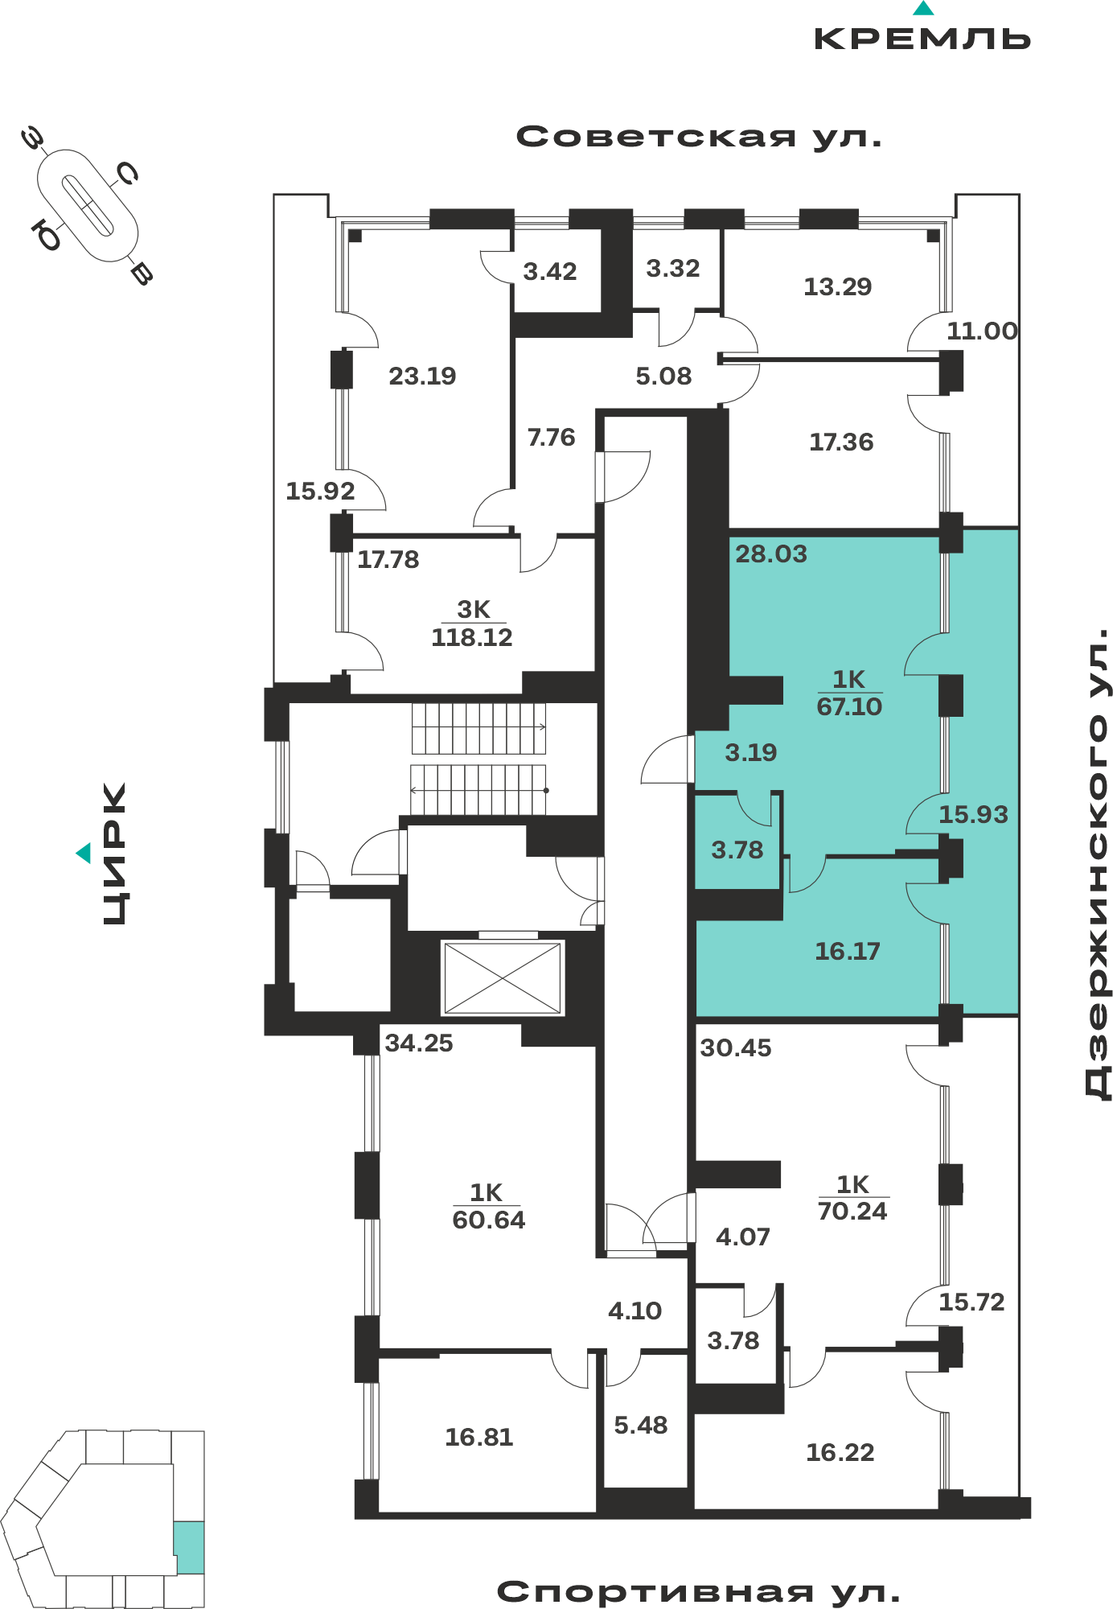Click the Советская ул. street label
tap(699, 138)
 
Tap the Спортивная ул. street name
tap(698, 1592)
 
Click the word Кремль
tap(922, 39)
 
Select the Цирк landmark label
tap(115, 854)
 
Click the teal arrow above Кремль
tap(923, 8)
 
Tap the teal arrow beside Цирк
tap(84, 853)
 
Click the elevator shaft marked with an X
tap(503, 977)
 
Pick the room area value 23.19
tap(422, 376)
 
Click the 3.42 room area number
tap(550, 272)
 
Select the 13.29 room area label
tap(838, 286)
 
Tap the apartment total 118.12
tap(472, 637)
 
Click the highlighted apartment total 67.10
tap(849, 706)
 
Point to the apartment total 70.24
tap(852, 1211)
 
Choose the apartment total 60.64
tap(488, 1220)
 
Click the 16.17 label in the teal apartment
tap(848, 952)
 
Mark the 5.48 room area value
tap(641, 1426)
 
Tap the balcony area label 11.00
tap(982, 331)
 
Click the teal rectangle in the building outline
tap(189, 1547)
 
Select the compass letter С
tap(127, 172)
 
